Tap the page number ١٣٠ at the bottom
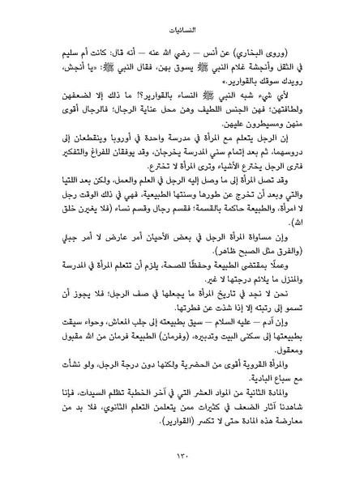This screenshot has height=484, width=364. pyautogui.click(x=182, y=456)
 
